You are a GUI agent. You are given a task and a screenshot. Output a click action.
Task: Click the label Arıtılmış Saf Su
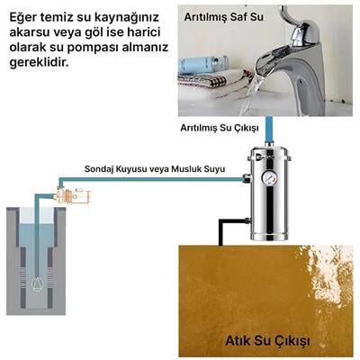click(225, 16)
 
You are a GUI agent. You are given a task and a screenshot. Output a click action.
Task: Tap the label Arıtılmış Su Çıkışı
click(219, 128)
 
